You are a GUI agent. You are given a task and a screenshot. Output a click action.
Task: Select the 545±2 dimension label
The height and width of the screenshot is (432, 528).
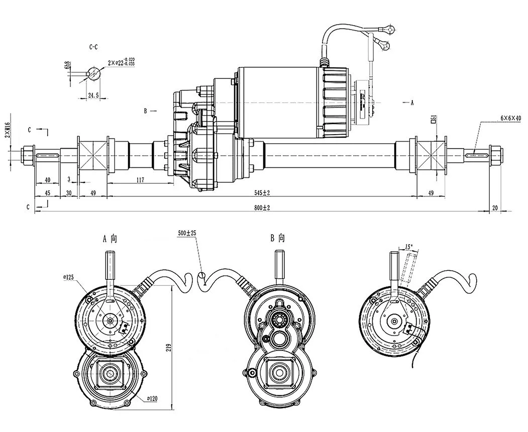click(262, 193)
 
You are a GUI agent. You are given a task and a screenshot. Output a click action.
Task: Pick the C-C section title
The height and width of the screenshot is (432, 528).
click(94, 47)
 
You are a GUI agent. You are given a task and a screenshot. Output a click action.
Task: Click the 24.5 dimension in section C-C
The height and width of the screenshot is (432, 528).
click(94, 94)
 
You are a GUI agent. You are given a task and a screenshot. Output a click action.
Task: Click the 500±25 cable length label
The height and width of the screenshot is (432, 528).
click(187, 234)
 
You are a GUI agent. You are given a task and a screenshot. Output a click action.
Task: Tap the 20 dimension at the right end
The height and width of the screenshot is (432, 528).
click(495, 208)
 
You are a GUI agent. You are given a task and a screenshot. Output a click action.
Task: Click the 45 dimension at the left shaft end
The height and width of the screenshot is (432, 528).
click(47, 193)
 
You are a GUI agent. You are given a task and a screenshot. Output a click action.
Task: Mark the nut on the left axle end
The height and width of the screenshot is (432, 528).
click(28, 154)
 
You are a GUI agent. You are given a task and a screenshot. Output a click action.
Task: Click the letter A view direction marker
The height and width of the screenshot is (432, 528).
click(411, 102)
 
